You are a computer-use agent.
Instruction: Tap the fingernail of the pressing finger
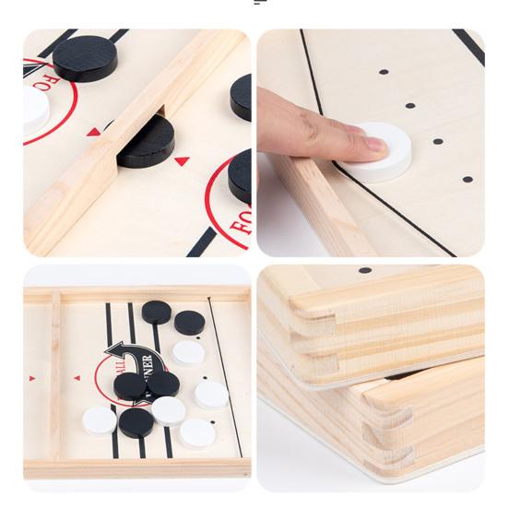(373, 144)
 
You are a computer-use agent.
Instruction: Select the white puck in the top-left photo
(34, 110)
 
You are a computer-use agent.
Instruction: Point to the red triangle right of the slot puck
(182, 161)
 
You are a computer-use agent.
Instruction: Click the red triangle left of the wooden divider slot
(93, 132)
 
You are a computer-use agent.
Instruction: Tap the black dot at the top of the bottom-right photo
(365, 270)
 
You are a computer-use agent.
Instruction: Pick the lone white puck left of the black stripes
(99, 421)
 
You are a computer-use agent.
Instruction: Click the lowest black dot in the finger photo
(467, 179)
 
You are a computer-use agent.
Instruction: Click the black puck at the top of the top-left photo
(85, 56)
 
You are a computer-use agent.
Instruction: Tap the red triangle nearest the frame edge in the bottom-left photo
(33, 378)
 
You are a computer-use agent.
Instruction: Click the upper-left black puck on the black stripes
(157, 312)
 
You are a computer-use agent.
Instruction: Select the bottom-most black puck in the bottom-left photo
(136, 422)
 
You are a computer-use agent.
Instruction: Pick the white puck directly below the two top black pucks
(189, 352)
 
